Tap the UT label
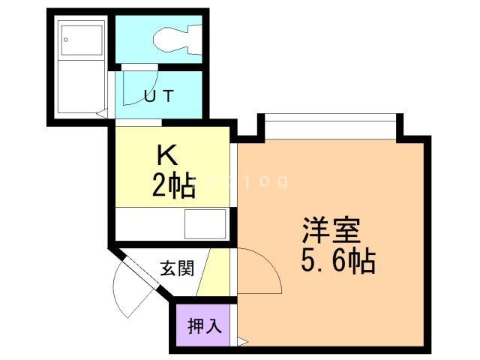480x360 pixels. point(159,95)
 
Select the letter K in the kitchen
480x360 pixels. point(166,155)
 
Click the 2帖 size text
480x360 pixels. point(173,184)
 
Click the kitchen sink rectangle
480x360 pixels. point(205,223)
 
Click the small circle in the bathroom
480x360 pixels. point(66,38)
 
